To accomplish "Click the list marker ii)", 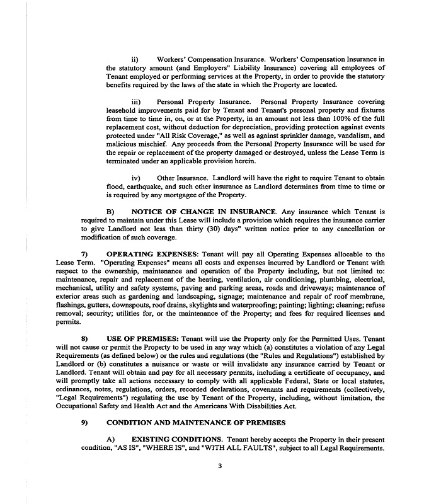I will click(x=134, y=59).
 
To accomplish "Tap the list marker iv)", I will click(x=135, y=178).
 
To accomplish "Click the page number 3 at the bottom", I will click(x=220, y=467).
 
